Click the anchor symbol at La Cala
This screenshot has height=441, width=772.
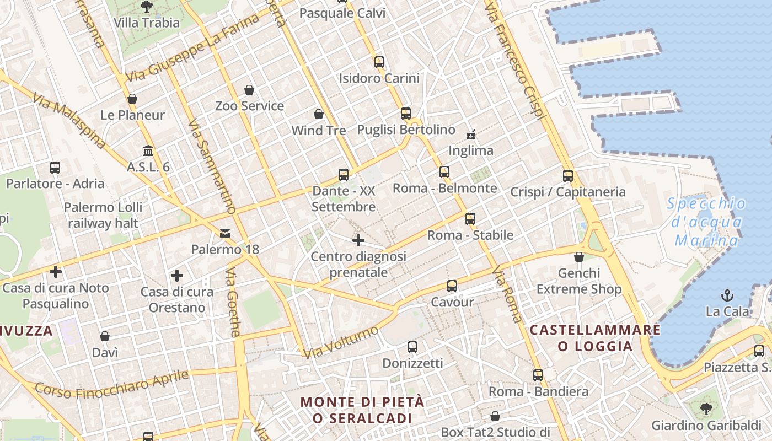[x=727, y=295]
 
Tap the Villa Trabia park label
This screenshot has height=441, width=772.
[x=147, y=23]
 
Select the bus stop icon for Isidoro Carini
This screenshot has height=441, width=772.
[x=379, y=62]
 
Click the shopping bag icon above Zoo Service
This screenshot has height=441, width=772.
[x=249, y=90]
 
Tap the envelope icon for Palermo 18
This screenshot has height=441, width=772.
[x=225, y=234]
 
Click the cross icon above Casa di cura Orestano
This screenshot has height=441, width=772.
[x=177, y=275]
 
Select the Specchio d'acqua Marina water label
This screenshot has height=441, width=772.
[x=706, y=222]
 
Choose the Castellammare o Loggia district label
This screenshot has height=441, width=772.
[x=595, y=338]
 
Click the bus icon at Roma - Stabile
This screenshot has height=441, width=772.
[x=470, y=219]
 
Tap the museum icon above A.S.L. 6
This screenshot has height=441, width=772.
[x=148, y=150]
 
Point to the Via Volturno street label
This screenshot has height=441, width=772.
[x=341, y=342]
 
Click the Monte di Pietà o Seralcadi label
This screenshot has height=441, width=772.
[x=362, y=410]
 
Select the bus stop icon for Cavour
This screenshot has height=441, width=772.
[x=452, y=286]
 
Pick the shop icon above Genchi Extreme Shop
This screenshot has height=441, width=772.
[x=579, y=257]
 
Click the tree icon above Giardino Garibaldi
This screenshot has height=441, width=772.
[x=706, y=409]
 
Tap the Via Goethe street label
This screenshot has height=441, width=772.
[x=234, y=302]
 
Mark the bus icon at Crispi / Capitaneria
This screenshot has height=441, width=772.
[x=568, y=176]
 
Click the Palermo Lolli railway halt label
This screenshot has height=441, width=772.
[x=103, y=215]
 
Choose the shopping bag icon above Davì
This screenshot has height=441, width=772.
[x=105, y=336]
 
